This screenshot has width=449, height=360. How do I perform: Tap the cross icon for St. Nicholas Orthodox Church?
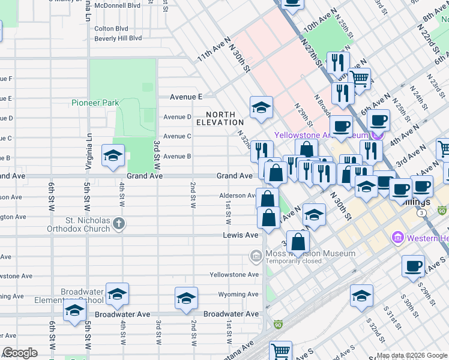coord(119,224)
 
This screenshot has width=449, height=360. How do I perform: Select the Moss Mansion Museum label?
coord(310,254)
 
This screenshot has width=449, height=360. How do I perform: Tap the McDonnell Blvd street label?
coord(118,5)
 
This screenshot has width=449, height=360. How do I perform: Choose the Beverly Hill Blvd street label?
coord(118,38)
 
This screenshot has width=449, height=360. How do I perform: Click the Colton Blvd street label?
coord(112,28)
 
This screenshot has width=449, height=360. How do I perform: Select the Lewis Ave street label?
coord(240,235)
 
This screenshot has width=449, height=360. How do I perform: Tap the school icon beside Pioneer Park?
coord(113,156)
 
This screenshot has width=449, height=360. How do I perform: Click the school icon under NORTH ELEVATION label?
coord(262,108)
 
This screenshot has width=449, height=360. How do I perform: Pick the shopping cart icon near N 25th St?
coord(359,78)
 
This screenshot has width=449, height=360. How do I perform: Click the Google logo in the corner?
coord(20,353)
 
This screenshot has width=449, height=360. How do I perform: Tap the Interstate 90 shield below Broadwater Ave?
coord(277,325)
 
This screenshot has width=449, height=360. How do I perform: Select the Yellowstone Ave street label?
coord(234,275)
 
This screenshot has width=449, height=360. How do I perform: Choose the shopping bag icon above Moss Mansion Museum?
coord(298,242)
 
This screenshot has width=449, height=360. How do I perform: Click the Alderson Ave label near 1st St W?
coord(237,196)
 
